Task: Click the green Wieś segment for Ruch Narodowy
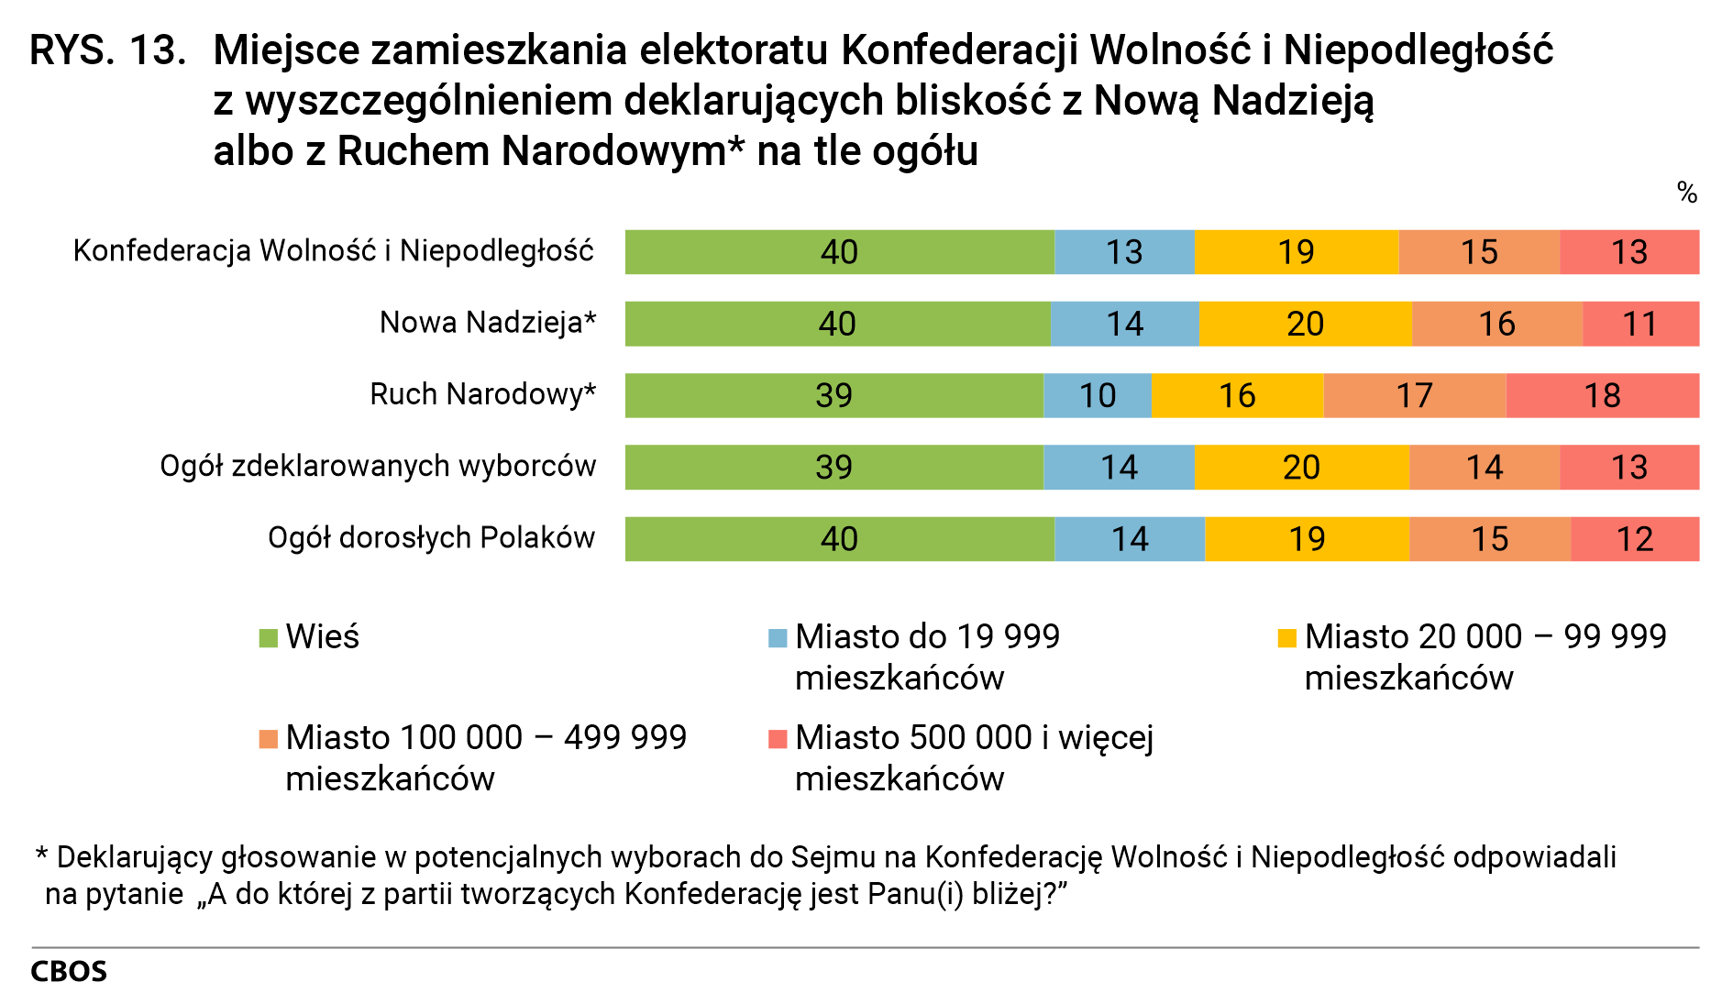coord(833,395)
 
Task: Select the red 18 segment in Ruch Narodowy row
coord(1602,395)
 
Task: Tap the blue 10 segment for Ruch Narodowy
coord(1097,395)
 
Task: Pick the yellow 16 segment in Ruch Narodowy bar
coord(1237,395)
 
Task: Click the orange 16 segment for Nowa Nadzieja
coord(1496,324)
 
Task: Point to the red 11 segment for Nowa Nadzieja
coord(1639,324)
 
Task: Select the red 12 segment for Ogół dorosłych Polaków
coord(1634,539)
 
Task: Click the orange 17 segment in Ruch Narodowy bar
coord(1414,395)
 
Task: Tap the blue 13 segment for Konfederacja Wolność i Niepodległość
coord(1124,252)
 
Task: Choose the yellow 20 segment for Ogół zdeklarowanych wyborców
coord(1301,467)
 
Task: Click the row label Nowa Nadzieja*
coord(488,323)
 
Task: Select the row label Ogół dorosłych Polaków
coord(431,537)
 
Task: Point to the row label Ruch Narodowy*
coord(482,394)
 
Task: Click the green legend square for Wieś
coord(269,638)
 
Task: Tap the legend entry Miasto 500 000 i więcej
coord(974,738)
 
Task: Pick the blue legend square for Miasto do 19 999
coord(778,638)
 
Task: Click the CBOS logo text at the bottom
coord(69,972)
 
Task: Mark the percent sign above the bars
coord(1686,193)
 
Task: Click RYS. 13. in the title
coord(107,50)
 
